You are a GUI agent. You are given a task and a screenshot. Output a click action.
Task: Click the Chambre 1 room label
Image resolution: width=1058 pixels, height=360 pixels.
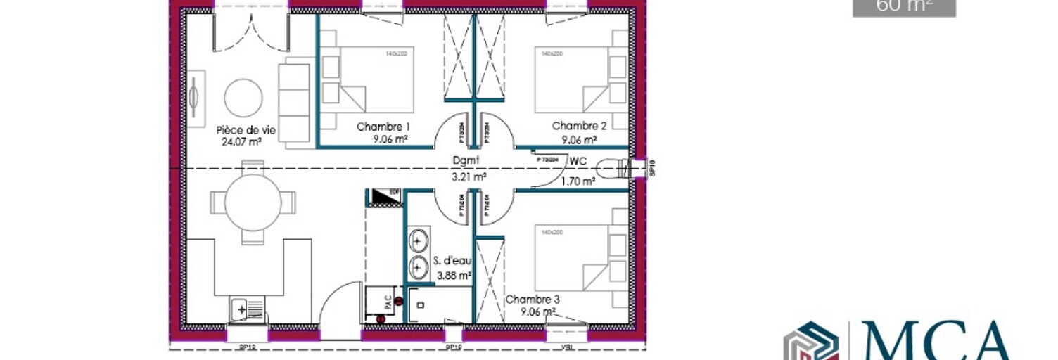click(x=383, y=127)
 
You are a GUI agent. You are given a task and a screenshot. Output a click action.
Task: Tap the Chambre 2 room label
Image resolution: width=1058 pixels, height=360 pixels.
click(x=579, y=126)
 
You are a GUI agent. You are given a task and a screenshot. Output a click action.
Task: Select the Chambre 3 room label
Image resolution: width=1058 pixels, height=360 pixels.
click(x=533, y=299)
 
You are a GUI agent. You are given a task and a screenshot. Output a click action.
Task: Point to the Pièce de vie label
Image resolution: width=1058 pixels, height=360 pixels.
click(x=246, y=130)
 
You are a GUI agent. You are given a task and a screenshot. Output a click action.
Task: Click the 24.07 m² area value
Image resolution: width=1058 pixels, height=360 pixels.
click(x=241, y=141)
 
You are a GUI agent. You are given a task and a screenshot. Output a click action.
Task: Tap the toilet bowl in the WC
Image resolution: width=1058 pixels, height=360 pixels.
click(x=609, y=169)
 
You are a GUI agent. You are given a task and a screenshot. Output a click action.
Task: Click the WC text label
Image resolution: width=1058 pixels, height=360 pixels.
click(x=578, y=161)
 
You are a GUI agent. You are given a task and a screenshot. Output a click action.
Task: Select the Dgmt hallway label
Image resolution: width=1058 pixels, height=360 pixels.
click(x=466, y=160)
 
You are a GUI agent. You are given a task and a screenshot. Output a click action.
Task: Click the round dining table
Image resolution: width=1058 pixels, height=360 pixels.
click(x=253, y=202)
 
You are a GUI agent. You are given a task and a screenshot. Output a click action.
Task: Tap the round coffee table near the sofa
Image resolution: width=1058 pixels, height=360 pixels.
click(x=243, y=98)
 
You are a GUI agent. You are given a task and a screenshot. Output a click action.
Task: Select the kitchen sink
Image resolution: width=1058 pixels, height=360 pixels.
click(x=246, y=308)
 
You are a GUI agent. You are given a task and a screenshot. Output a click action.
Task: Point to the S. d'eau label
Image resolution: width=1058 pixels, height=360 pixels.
click(x=452, y=262)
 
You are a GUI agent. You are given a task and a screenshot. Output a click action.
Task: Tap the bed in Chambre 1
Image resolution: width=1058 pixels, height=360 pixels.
click(x=368, y=79)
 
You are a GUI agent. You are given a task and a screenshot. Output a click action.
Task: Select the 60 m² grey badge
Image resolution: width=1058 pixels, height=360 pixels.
click(x=904, y=7)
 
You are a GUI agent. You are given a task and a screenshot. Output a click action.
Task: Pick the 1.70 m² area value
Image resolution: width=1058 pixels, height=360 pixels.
click(x=578, y=181)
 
